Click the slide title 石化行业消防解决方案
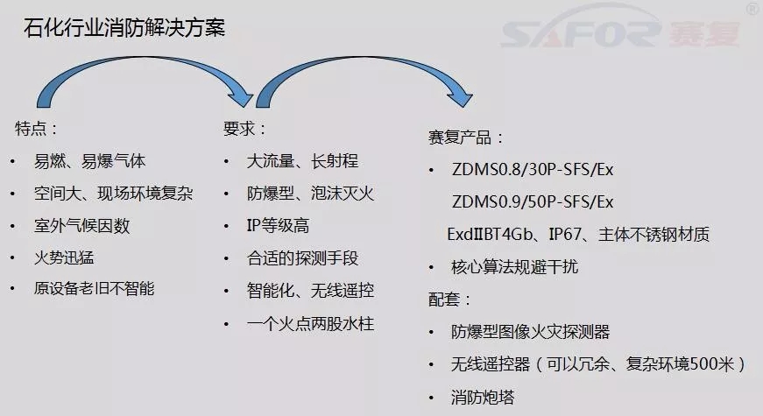tap(124, 27)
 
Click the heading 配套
tap(449, 300)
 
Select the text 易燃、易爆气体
tap(89, 161)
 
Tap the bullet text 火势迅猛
tap(64, 257)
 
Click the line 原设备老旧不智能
tap(94, 288)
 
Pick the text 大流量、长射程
tap(302, 161)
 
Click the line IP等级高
tap(278, 226)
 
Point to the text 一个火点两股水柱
tap(310, 323)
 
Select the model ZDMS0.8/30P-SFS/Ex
tap(533, 169)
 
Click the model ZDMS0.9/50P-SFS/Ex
tap(533, 202)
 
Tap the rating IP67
tap(565, 235)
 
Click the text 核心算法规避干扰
tap(514, 267)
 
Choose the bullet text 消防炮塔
tap(482, 398)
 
